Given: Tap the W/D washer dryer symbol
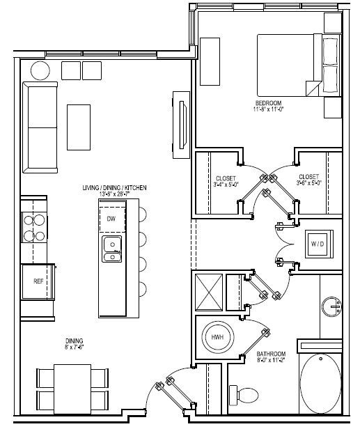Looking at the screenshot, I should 318,244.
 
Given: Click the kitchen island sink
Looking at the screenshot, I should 111,249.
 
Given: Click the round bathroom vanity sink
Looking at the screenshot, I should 331,305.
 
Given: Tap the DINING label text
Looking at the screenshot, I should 75,341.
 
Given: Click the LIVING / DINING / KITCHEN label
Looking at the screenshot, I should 115,189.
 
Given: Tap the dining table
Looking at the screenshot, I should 73,388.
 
